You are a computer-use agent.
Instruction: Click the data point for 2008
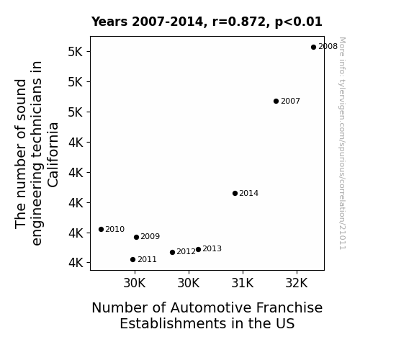[x=313, y=48]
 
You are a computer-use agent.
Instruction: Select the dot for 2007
[x=276, y=101]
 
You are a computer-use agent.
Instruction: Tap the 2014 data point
[x=235, y=194]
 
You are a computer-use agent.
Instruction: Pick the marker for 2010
[x=101, y=229]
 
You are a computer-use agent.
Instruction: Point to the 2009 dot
[x=136, y=237]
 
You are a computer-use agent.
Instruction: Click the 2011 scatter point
[x=132, y=260]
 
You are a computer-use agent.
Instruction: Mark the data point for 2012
[x=172, y=252]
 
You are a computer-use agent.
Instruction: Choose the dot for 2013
[x=198, y=249]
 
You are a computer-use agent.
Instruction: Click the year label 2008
[x=328, y=47]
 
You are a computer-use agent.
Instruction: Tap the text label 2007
[x=290, y=101]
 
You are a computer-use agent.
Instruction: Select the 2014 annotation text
[x=249, y=194]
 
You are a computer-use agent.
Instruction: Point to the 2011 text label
[x=147, y=260]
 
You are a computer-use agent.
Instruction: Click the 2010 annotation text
[x=115, y=229]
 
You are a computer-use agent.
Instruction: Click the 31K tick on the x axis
[x=243, y=283]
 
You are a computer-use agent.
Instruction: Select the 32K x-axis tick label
[x=297, y=283]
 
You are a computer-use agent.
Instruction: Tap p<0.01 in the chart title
[x=299, y=22]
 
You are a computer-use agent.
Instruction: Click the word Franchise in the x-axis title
[x=289, y=308]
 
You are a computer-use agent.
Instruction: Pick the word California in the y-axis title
[x=53, y=155]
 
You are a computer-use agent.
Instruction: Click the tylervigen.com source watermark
[x=342, y=143]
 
